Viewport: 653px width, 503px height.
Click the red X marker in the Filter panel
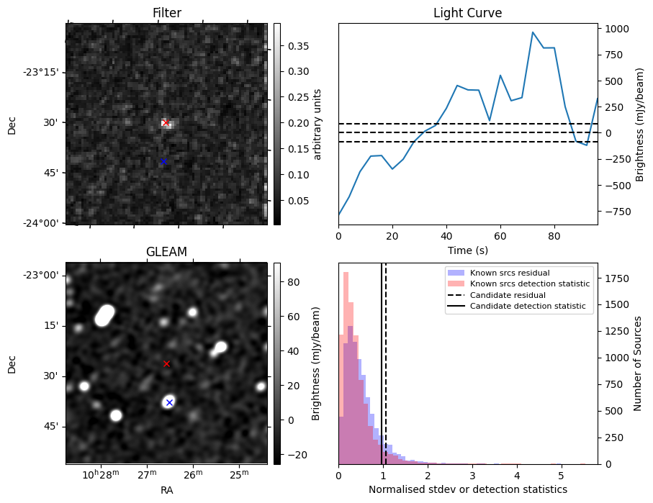click(166, 122)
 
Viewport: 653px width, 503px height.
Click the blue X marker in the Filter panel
click(163, 161)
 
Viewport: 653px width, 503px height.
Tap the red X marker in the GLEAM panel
click(166, 364)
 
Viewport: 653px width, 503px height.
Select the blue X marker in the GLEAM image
click(169, 402)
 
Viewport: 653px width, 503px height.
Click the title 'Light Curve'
click(467, 14)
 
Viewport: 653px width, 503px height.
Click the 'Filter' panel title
click(167, 14)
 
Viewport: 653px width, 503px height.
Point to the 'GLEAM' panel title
click(166, 252)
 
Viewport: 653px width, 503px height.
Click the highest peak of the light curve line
click(533, 32)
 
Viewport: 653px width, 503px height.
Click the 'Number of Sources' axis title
click(638, 363)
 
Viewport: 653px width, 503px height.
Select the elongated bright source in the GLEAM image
click(104, 315)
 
